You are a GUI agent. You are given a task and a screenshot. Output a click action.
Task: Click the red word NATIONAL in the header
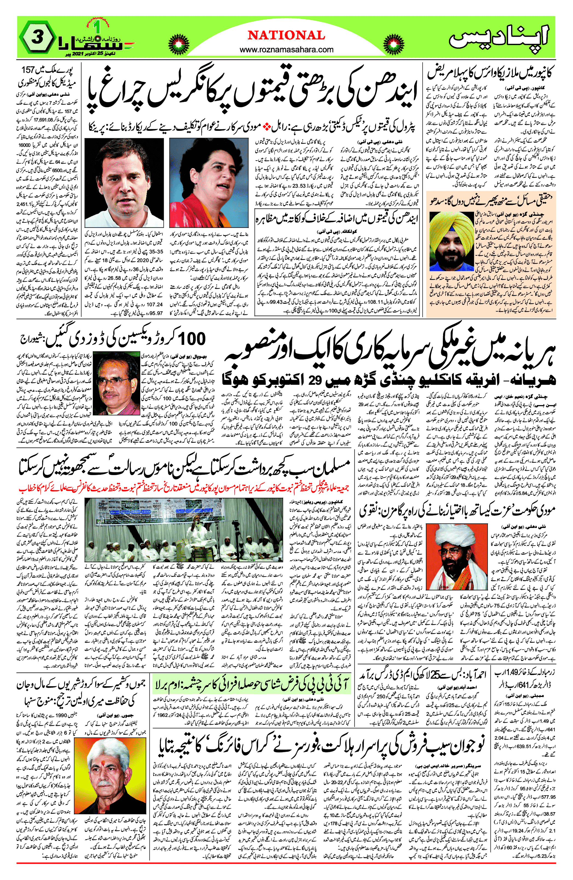pyautogui.click(x=287, y=35)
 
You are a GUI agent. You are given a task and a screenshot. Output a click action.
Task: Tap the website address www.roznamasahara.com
pyautogui.click(x=287, y=50)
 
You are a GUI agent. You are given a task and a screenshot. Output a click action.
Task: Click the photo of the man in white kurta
pyautogui.click(x=124, y=183)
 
